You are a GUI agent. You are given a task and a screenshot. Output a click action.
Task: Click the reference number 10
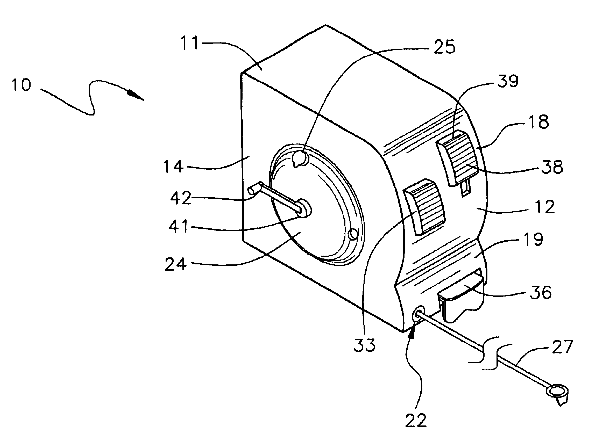point(21,85)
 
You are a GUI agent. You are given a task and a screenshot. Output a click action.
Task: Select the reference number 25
point(444,47)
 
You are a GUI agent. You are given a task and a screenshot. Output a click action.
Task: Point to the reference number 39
point(508,81)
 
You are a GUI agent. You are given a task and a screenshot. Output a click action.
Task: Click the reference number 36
point(541,292)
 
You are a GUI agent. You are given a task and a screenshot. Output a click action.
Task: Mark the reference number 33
point(364,345)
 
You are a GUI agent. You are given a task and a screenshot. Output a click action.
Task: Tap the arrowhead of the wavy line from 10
point(136,96)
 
